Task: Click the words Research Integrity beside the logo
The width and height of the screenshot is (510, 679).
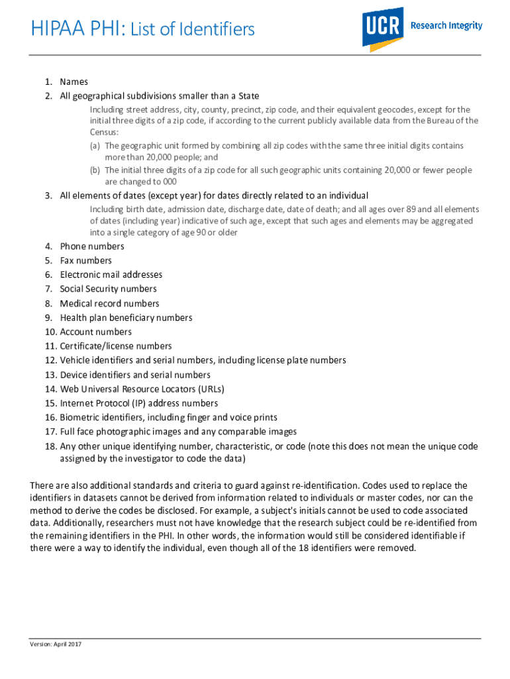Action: [x=446, y=26]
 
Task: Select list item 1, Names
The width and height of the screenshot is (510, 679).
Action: [x=74, y=82]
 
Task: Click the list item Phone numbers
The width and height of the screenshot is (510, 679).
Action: [x=91, y=247]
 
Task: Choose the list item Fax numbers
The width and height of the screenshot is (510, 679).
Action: [x=85, y=261]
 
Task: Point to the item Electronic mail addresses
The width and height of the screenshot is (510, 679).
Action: [x=111, y=275]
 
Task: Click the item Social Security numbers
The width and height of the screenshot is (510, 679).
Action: [x=108, y=289]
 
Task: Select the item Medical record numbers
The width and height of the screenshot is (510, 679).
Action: [x=109, y=304]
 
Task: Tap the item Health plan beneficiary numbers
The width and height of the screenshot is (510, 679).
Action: [x=126, y=318]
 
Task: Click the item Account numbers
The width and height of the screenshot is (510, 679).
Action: [x=95, y=332]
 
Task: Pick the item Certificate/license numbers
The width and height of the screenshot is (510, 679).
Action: [x=115, y=346]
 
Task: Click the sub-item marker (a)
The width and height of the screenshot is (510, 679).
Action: [x=95, y=146]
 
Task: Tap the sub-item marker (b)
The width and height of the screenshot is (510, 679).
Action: [x=95, y=170]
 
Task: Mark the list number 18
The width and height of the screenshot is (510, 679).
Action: [x=51, y=446]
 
